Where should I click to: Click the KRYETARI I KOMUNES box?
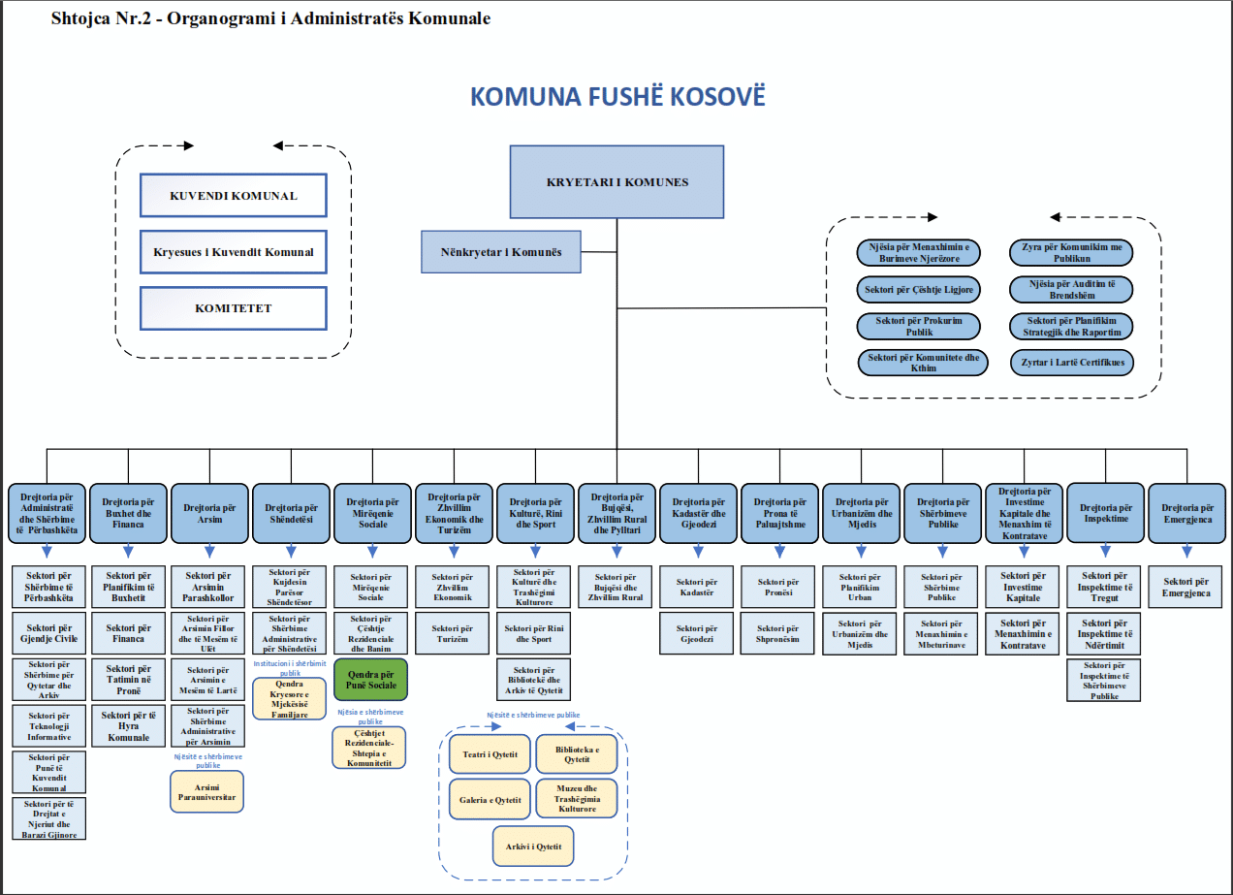tap(616, 181)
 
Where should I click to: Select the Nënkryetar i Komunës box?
tap(500, 251)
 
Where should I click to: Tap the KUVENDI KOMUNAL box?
tap(233, 196)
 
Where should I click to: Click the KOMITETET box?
tap(233, 308)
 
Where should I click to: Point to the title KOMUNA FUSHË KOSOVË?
tap(616, 98)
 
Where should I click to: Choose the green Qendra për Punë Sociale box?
tap(370, 680)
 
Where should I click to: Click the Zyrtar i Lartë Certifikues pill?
tap(1071, 363)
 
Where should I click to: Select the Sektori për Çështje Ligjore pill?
tap(918, 289)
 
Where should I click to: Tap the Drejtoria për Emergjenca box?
tap(1186, 512)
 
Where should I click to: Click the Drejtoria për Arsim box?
tap(209, 512)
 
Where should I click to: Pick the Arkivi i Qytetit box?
tap(532, 847)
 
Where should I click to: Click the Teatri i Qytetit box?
tap(490, 754)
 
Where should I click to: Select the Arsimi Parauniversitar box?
tap(207, 791)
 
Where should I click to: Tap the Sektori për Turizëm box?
tap(453, 633)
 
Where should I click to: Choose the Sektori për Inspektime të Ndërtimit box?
tap(1104, 633)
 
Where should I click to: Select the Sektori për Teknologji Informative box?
tap(49, 724)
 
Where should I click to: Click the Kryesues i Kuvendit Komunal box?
tap(233, 252)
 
